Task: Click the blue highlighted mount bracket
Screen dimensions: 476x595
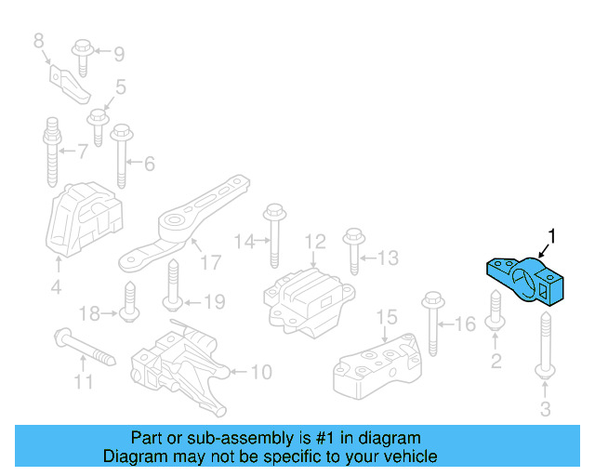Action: coord(526,280)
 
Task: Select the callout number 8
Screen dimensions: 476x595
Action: coord(38,40)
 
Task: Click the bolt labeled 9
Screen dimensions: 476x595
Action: coord(80,55)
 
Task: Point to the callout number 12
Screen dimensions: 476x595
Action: coord(315,241)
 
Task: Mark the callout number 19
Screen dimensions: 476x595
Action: coord(214,301)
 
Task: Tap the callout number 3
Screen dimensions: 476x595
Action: coord(546,407)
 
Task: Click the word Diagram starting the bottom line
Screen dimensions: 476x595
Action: coord(131,456)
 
